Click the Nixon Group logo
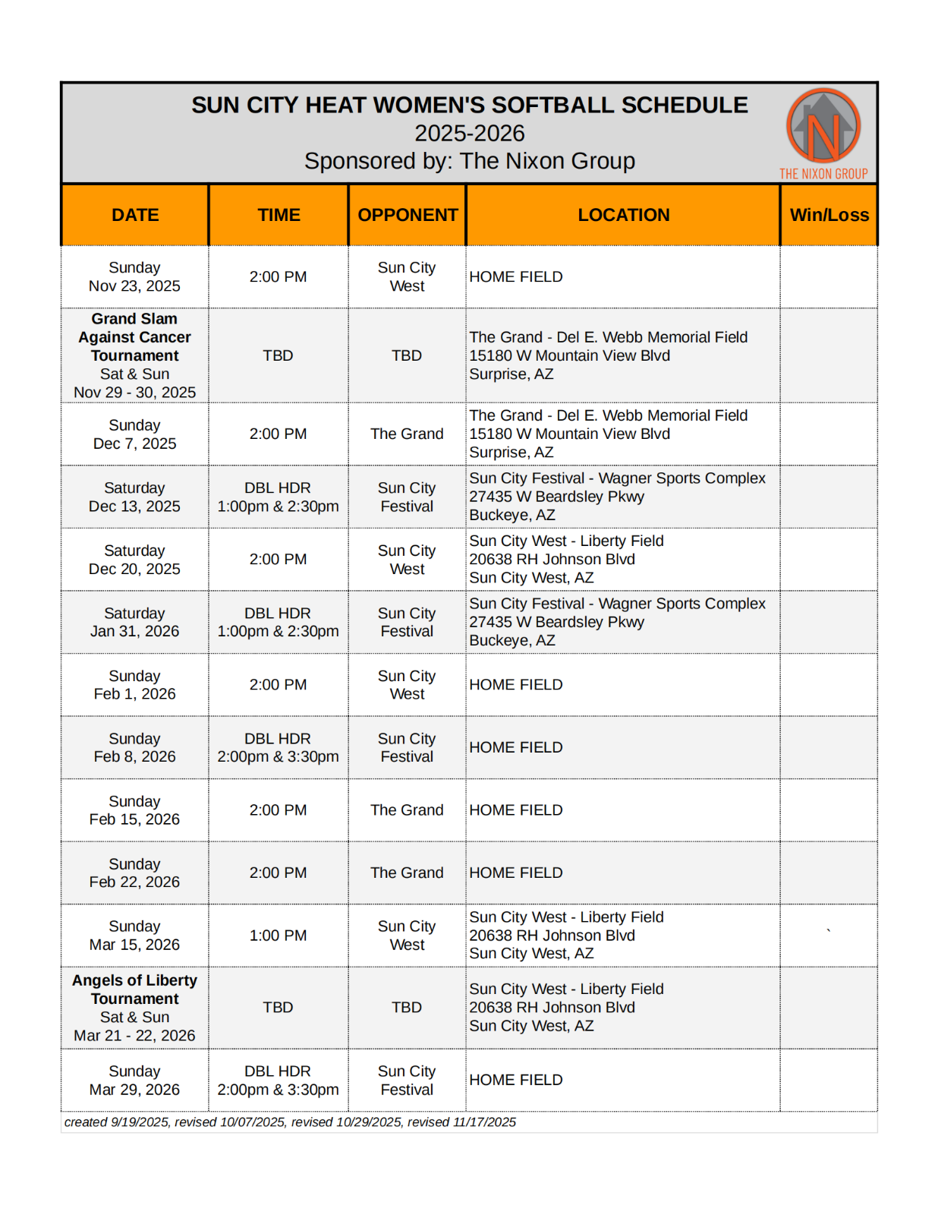[x=823, y=133]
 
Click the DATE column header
[x=135, y=215]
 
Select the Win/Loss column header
[x=829, y=215]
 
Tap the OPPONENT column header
[x=408, y=215]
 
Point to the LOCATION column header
[x=623, y=215]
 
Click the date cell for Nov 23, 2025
[x=134, y=277]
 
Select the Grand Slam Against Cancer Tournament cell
[x=134, y=355]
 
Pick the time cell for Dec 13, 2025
[x=278, y=497]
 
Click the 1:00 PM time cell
[x=278, y=936]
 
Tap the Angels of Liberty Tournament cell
[x=134, y=1008]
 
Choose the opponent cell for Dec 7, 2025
[x=407, y=434]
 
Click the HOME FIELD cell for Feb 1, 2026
[x=516, y=685]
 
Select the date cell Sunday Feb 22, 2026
[x=134, y=873]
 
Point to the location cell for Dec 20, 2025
[x=566, y=560]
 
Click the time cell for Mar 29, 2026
[x=278, y=1081]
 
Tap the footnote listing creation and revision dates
[x=290, y=1122]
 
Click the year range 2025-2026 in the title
[x=469, y=134]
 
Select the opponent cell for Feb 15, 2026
[x=407, y=810]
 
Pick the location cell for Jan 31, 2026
[x=617, y=622]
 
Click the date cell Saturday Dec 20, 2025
[x=134, y=560]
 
